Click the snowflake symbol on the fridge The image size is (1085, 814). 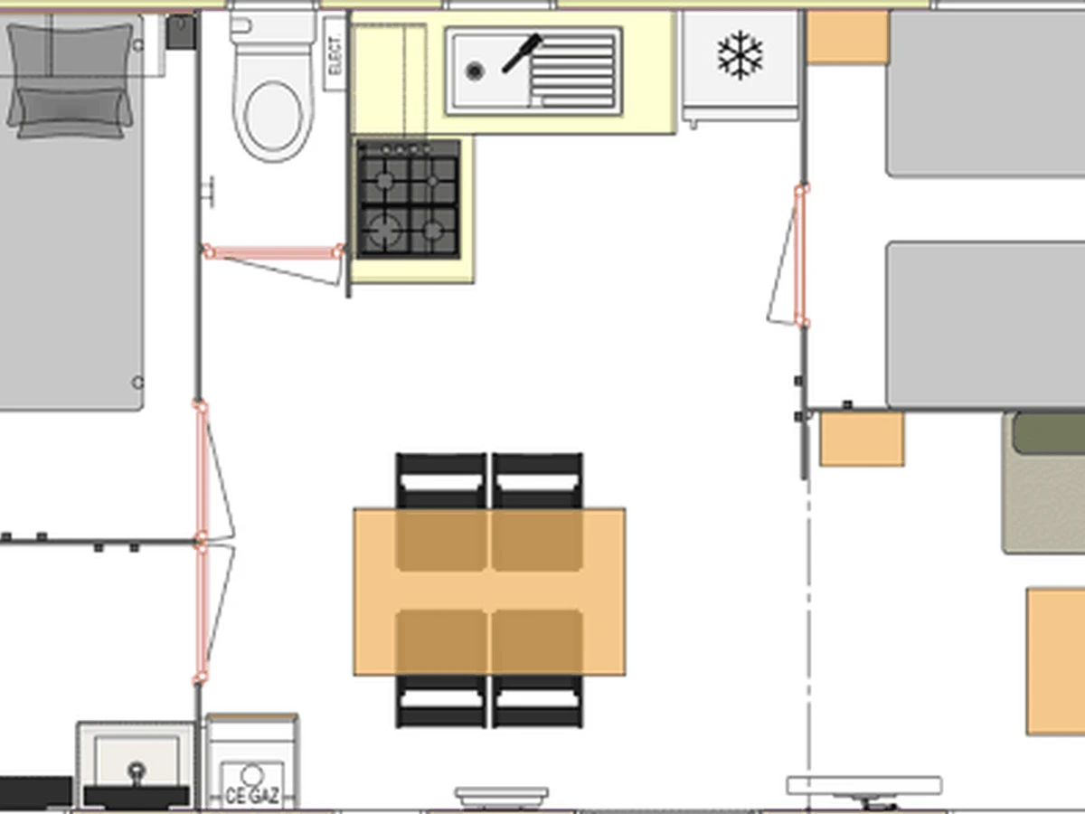tap(740, 55)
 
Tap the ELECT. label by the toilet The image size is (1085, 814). tap(335, 54)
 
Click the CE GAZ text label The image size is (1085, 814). tap(252, 796)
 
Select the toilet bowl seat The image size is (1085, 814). tap(273, 116)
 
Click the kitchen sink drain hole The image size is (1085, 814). tap(475, 71)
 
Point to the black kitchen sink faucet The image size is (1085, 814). tap(522, 53)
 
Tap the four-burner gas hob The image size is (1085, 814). tap(409, 199)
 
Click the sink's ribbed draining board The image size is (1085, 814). tap(573, 71)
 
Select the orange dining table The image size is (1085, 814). tap(489, 592)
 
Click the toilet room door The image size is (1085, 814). tap(273, 264)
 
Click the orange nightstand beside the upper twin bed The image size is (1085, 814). tap(848, 37)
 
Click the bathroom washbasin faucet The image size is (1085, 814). tap(137, 774)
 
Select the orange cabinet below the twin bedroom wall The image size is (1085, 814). tap(862, 440)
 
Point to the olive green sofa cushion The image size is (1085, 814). tap(1048, 433)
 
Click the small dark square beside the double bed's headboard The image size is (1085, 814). tap(181, 33)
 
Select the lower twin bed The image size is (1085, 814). tap(986, 326)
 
